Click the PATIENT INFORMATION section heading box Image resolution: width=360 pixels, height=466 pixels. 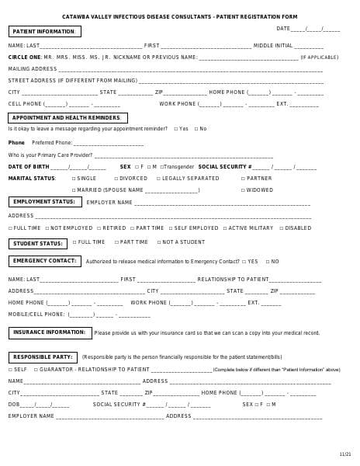tap(44, 32)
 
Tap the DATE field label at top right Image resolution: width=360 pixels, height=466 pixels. tap(283, 29)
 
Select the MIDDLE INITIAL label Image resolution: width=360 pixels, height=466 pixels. tap(273, 46)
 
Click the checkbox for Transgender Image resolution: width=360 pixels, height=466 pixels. tap(161, 167)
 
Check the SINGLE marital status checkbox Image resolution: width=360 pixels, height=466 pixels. tap(74, 179)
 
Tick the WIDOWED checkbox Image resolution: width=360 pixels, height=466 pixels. tap(243, 190)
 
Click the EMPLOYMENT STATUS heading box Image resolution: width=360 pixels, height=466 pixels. tap(44, 202)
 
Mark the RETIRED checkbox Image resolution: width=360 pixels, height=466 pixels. tap(99, 228)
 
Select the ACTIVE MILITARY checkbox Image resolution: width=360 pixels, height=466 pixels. tap(225, 228)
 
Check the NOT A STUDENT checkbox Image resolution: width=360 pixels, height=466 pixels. tap(158, 242)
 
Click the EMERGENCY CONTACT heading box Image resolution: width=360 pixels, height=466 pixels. tap(44, 261)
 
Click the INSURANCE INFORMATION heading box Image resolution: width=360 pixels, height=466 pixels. tap(50, 332)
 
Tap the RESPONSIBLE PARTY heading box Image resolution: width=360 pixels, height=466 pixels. tap(43, 356)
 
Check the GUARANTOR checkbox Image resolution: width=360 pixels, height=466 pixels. tap(35, 370)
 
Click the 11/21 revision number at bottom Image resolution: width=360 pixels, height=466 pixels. tap(344, 454)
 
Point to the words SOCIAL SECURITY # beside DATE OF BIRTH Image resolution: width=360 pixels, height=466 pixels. tap(225, 167)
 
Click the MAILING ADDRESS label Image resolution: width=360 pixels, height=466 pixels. tap(33, 69)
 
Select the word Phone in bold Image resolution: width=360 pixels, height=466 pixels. tap(16, 143)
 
